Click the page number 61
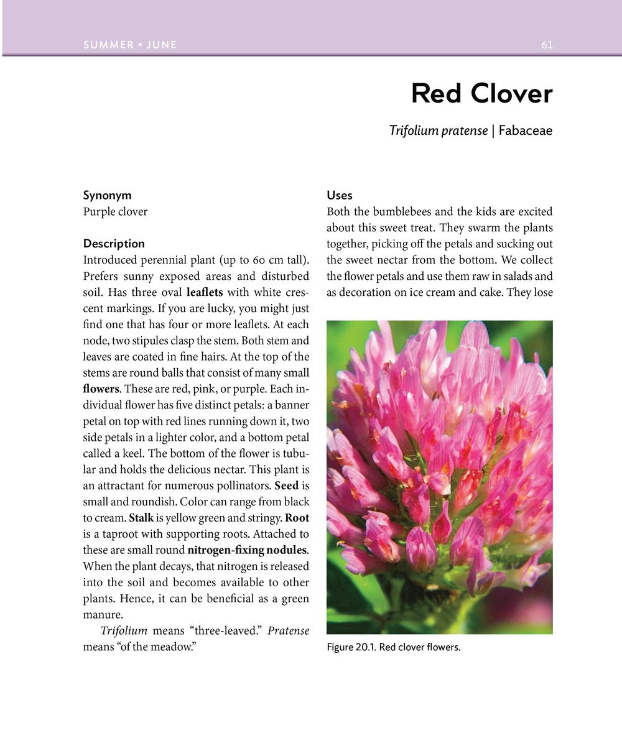[x=547, y=45]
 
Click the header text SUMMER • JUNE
[x=130, y=45]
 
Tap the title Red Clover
[x=481, y=94]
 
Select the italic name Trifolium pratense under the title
[x=438, y=131]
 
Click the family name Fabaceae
[x=525, y=131]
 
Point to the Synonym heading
[x=107, y=195]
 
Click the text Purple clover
[x=115, y=211]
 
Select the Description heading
[x=114, y=244]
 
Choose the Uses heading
[x=340, y=195]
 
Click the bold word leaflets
[x=204, y=292]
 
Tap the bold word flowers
[x=101, y=389]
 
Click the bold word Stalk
[x=141, y=518]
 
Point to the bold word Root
[x=297, y=518]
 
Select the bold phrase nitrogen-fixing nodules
[x=247, y=550]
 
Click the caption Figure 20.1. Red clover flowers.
[x=393, y=648]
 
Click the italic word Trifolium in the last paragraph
[x=124, y=631]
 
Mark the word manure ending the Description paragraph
[x=102, y=615]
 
